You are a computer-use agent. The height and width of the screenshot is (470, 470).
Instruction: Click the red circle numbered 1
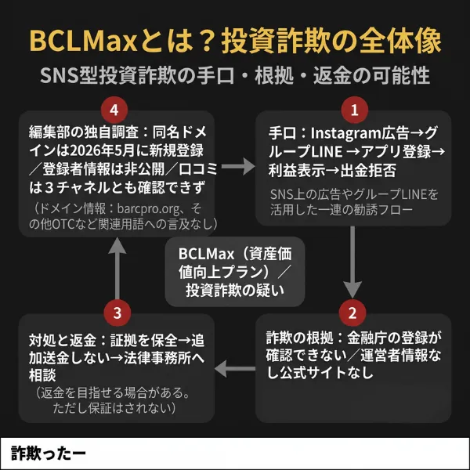coord(355,110)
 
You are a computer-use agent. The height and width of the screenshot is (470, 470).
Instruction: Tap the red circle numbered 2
coord(352,313)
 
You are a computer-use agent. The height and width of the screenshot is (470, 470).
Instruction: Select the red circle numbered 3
coord(117,313)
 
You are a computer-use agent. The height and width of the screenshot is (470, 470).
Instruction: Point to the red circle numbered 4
coord(114,110)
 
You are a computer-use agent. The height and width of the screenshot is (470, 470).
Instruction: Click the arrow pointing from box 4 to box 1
coord(238,167)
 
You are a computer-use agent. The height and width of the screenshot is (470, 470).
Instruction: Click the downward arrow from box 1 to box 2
coord(352,262)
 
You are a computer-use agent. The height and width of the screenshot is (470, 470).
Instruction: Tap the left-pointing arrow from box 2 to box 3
coord(235,369)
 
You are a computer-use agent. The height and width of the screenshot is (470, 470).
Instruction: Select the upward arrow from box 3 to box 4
coord(117,268)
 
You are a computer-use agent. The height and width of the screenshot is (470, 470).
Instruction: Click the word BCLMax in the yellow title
coord(83,41)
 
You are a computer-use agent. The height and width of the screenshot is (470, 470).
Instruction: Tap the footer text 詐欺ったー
coord(49,454)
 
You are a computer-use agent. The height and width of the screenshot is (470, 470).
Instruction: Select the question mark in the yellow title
coord(208,41)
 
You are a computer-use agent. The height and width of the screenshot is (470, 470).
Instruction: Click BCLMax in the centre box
coord(206,254)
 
